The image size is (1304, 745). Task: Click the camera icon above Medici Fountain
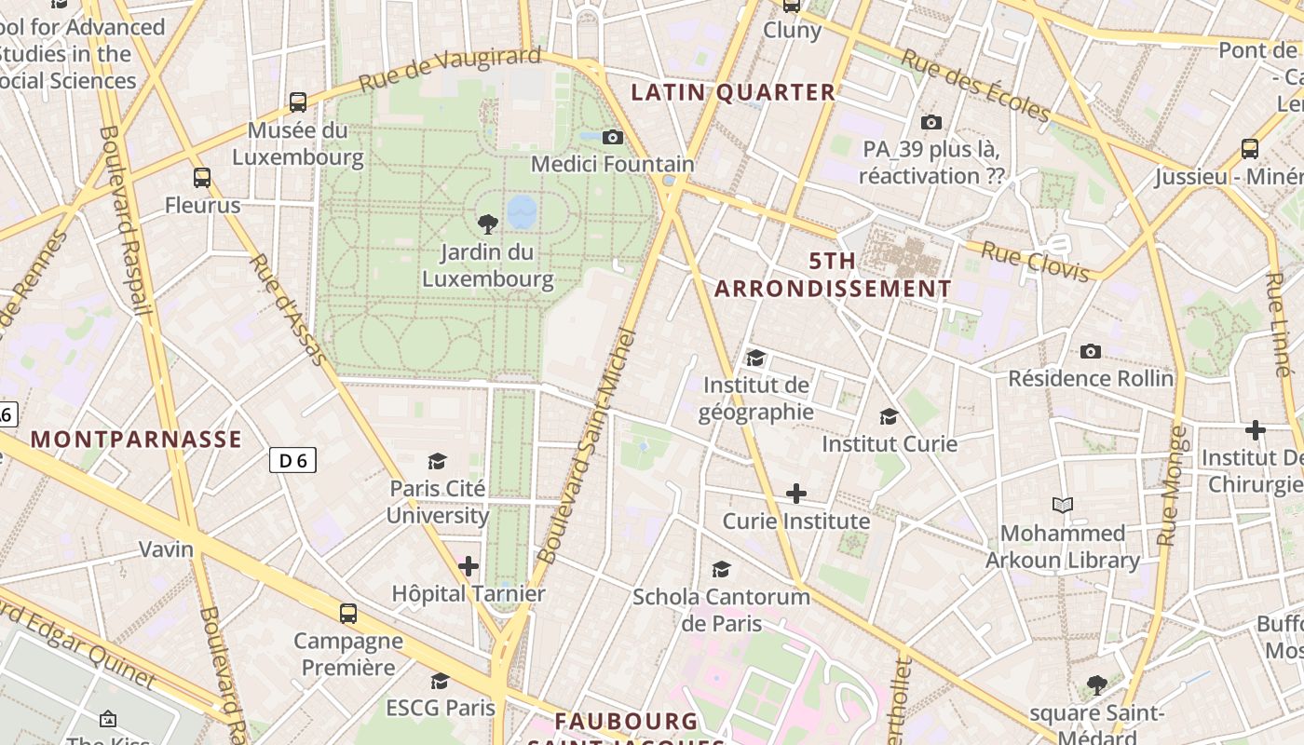pyautogui.click(x=613, y=138)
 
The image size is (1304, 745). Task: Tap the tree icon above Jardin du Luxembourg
pyautogui.click(x=487, y=223)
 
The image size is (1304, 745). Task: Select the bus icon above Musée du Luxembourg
pyautogui.click(x=298, y=102)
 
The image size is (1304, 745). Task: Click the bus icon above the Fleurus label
pyautogui.click(x=202, y=178)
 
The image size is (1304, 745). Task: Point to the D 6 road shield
pyautogui.click(x=292, y=459)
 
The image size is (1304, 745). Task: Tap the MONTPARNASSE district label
pyautogui.click(x=137, y=440)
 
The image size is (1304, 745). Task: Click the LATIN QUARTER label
pyautogui.click(x=733, y=92)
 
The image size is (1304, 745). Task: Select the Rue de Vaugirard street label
pyautogui.click(x=449, y=70)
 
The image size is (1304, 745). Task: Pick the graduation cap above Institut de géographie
pyautogui.click(x=755, y=358)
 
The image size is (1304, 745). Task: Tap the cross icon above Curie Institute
pyautogui.click(x=796, y=494)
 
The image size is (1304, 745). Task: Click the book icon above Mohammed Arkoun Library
pyautogui.click(x=1063, y=506)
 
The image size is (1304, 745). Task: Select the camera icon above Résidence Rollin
pyautogui.click(x=1091, y=351)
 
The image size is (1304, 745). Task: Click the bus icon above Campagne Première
pyautogui.click(x=348, y=614)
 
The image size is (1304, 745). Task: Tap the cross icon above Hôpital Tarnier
pyautogui.click(x=469, y=566)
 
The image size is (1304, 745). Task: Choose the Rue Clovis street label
pyautogui.click(x=1035, y=262)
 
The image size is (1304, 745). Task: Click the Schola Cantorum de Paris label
pyautogui.click(x=721, y=610)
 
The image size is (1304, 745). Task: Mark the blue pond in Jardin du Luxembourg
pyautogui.click(x=523, y=211)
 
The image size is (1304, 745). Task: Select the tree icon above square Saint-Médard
pyautogui.click(x=1097, y=685)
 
